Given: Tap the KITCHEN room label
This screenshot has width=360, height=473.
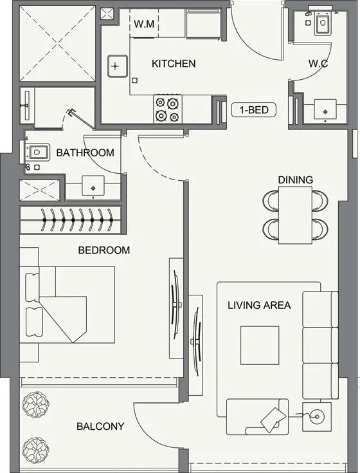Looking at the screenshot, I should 173,64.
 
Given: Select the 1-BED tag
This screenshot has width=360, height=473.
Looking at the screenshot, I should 254,110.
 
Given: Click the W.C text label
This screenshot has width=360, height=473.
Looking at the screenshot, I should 319,64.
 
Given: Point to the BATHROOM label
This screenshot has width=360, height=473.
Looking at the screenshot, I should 85,153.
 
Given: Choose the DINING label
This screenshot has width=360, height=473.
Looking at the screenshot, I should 296,180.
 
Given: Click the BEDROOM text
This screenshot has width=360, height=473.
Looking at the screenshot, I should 104,250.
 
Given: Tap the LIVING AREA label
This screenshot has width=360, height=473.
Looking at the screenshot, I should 259,305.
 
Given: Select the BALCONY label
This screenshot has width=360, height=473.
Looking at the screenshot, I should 100,426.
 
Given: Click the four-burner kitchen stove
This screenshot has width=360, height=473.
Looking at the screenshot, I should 166,109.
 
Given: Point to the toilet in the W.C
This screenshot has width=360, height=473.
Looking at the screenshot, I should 321,24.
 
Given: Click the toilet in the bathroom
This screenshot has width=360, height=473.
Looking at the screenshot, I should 38,153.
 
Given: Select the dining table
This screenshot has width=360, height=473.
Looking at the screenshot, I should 296,214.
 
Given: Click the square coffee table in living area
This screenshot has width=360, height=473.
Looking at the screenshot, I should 260,346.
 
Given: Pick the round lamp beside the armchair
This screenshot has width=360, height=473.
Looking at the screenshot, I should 316,416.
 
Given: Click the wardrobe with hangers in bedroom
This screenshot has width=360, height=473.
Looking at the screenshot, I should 71,220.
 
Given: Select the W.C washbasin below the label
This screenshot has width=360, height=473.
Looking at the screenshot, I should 325,111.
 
